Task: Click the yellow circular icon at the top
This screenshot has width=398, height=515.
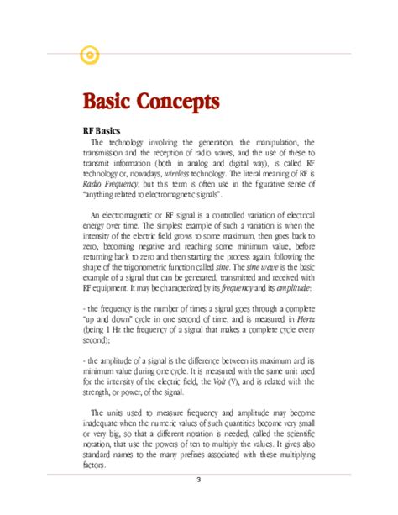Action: (89, 55)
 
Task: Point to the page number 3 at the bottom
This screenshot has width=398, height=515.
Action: (198, 480)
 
